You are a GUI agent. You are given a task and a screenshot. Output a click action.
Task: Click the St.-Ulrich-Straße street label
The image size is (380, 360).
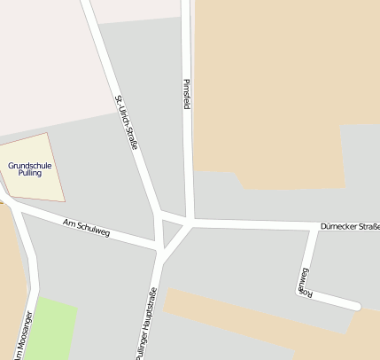coord(127,122)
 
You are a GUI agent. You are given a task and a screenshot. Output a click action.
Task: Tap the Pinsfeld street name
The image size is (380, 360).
coord(187,95)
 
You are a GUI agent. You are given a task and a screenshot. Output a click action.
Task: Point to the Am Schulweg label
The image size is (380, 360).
coord(87,227)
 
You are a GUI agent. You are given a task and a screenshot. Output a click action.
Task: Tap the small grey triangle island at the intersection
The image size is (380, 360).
coord(171,233)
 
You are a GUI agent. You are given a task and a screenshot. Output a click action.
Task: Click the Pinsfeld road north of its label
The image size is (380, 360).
coord(186,35)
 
